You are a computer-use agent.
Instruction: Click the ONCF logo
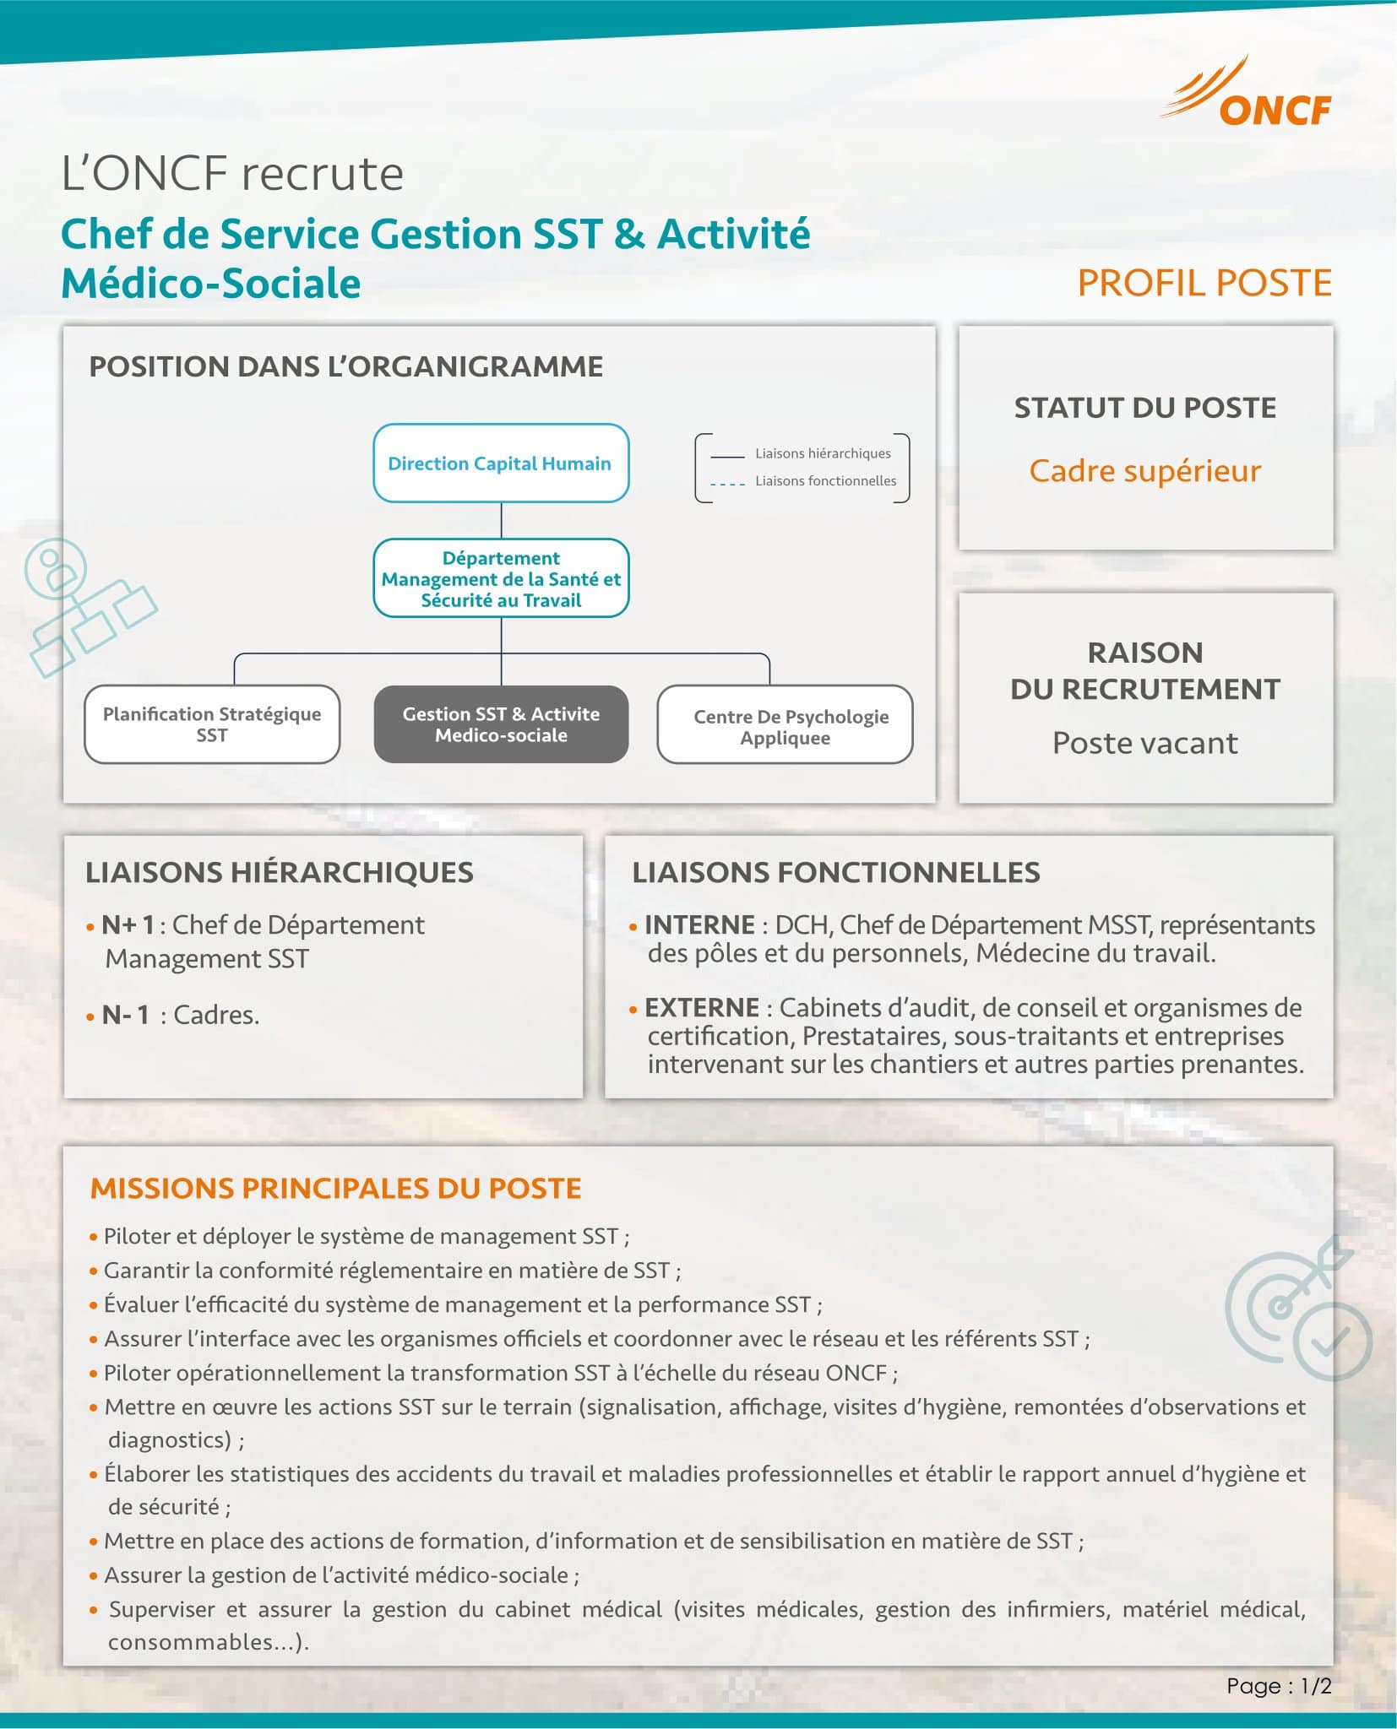(x=1248, y=96)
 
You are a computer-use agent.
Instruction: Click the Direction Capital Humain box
(x=500, y=463)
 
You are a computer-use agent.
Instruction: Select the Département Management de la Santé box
(x=501, y=579)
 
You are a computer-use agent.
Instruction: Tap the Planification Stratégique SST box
(x=212, y=724)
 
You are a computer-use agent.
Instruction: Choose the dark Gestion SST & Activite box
(x=501, y=724)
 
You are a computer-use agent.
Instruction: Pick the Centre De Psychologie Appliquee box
(x=785, y=725)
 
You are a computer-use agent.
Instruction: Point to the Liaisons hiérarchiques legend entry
(x=822, y=453)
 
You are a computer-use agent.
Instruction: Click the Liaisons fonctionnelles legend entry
(x=824, y=481)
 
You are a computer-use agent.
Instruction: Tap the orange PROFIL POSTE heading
(x=1204, y=283)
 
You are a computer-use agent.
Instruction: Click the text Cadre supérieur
(x=1144, y=470)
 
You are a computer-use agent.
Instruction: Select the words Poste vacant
(x=1144, y=743)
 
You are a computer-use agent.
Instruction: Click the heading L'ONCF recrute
(x=232, y=174)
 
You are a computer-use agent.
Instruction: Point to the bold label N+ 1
(x=128, y=925)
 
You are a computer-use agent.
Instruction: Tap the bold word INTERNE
(x=699, y=925)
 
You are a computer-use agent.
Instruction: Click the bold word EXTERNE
(x=701, y=1008)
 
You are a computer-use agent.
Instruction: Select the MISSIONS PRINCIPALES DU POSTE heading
(x=335, y=1189)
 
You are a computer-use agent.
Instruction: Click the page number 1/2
(x=1315, y=1686)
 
